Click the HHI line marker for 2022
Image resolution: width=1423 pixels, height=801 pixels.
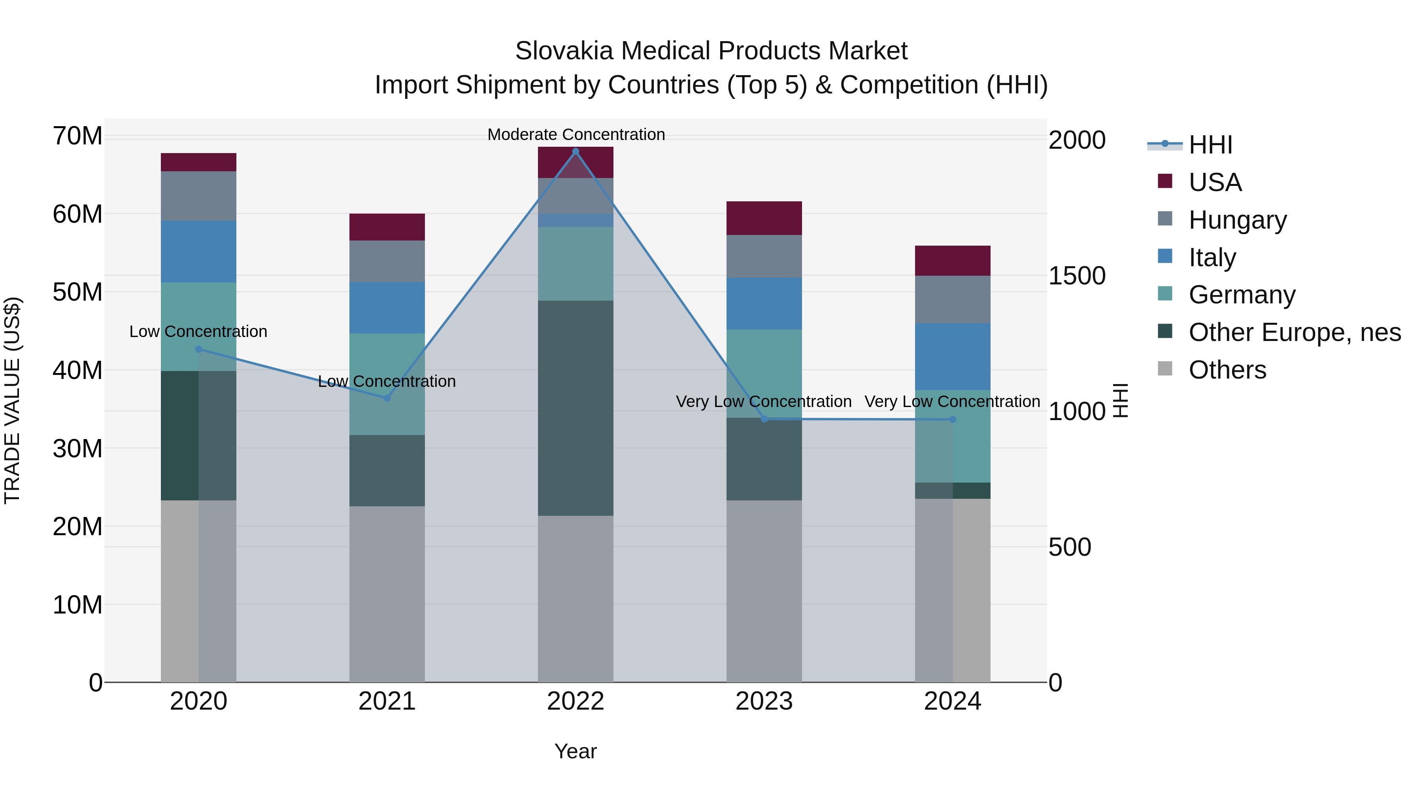point(576,151)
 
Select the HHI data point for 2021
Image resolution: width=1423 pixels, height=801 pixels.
point(387,398)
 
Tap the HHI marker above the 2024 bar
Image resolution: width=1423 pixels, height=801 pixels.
point(953,420)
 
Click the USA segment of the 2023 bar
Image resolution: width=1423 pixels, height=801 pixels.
point(764,218)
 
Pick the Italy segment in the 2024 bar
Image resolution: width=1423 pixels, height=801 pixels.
point(953,356)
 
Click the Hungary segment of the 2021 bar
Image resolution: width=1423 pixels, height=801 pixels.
point(387,261)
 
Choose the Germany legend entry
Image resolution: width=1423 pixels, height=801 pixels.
point(1242,295)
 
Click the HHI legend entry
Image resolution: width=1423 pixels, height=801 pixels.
point(1210,145)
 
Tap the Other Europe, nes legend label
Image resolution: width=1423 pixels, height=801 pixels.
point(1294,332)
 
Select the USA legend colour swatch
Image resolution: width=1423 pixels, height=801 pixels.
point(1165,181)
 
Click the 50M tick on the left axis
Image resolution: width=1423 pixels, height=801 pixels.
point(77,292)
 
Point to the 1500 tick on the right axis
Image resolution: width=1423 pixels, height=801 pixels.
point(1077,276)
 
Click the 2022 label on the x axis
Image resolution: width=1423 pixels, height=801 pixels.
point(576,701)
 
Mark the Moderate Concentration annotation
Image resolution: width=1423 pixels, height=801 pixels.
point(576,134)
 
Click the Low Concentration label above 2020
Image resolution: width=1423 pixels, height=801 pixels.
point(198,332)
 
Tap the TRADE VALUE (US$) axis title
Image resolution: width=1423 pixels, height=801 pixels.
point(12,400)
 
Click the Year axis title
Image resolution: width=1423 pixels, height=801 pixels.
point(576,751)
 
